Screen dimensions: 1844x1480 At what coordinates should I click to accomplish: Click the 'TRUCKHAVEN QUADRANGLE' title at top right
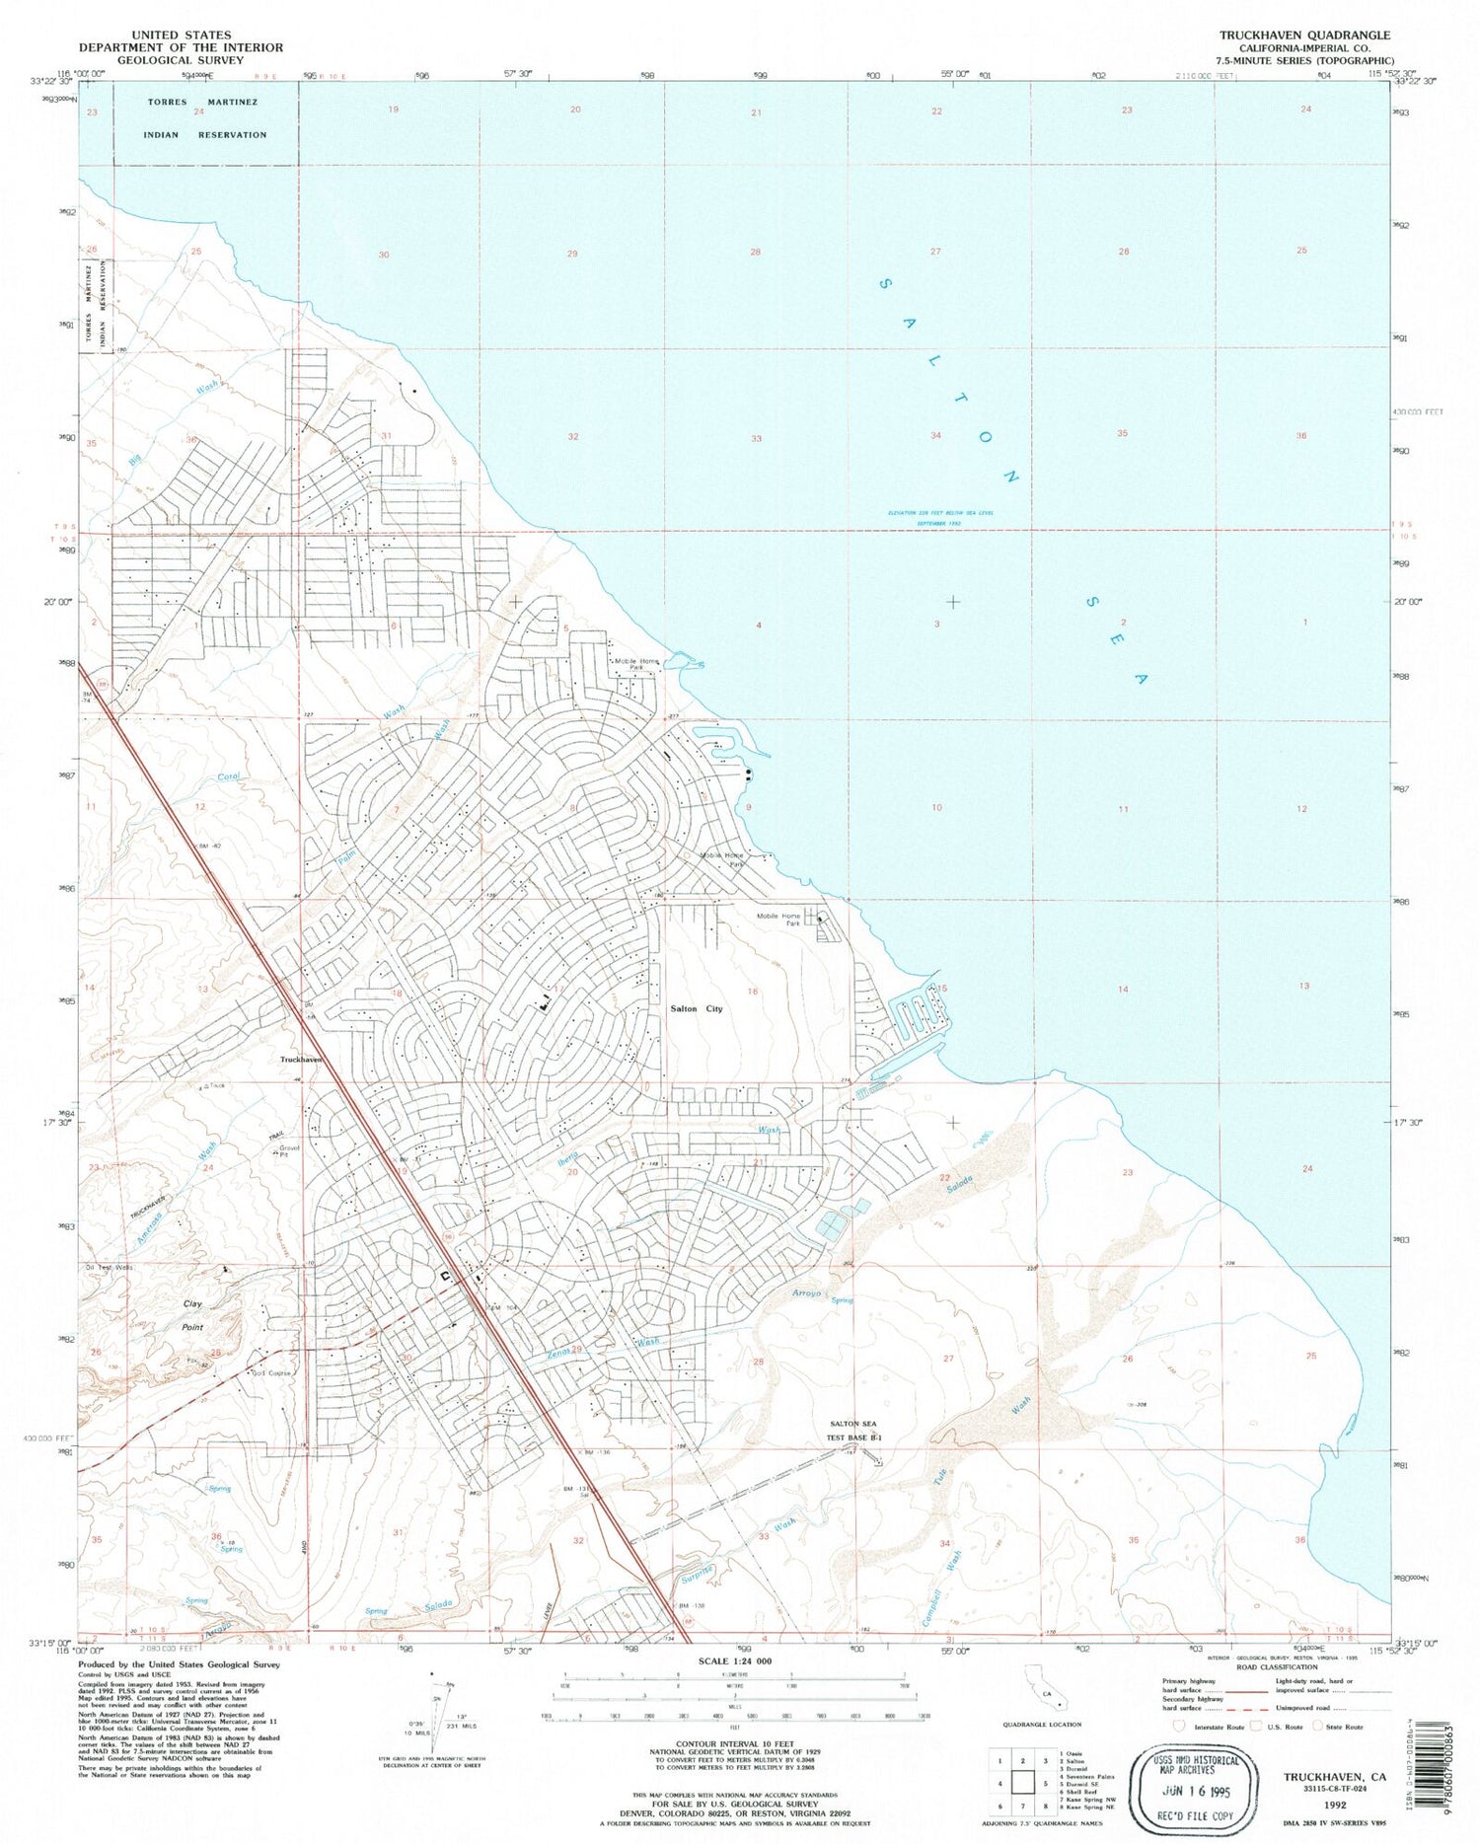[1304, 35]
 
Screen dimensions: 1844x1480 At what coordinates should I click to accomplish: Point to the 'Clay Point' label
[192, 1315]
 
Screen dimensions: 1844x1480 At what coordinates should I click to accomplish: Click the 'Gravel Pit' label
[288, 1151]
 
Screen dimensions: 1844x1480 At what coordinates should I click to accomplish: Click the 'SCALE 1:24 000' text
[735, 1661]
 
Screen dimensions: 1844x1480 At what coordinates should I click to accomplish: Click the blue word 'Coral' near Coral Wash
[228, 777]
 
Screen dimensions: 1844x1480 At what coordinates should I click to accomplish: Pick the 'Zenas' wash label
[560, 1356]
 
